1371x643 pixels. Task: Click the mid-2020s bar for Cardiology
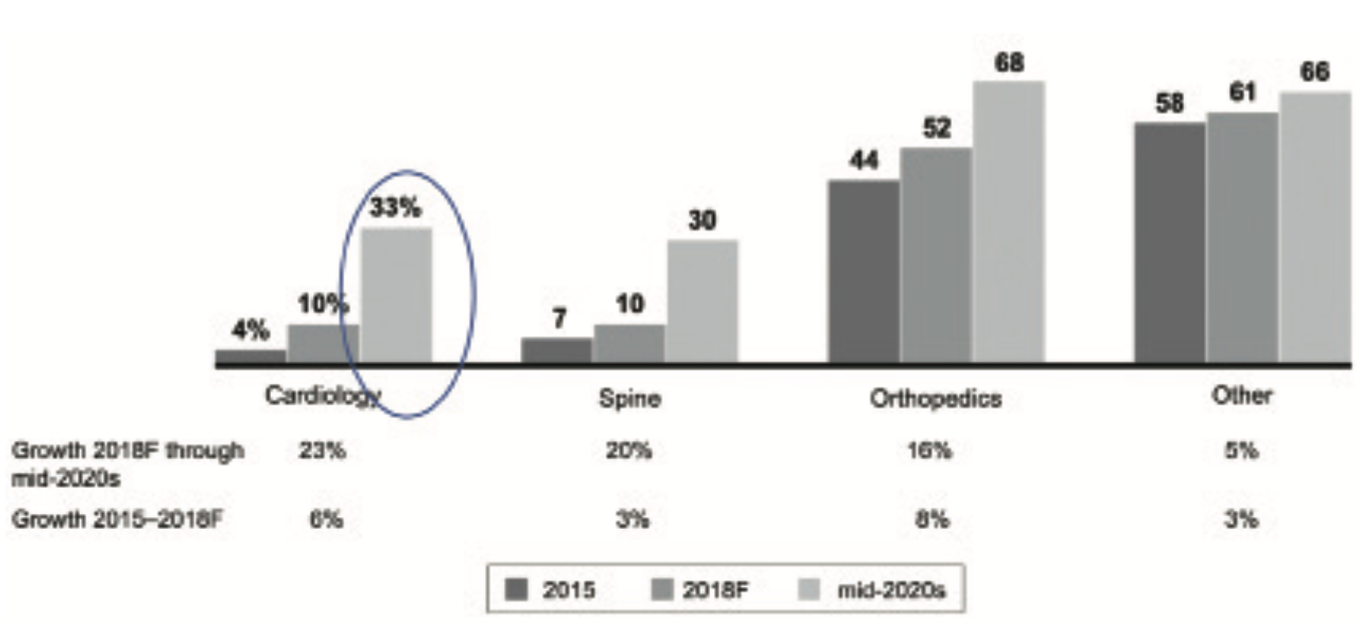397,295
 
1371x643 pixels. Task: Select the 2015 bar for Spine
556,350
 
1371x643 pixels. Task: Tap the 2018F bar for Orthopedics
936,254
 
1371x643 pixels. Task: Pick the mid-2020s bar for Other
1315,226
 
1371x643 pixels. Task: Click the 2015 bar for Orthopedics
864,271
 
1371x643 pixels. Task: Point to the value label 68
1009,63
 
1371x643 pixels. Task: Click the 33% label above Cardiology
395,207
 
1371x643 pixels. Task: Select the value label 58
1170,104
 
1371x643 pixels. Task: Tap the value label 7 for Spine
559,318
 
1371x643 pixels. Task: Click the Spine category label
630,398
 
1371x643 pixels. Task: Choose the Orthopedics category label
936,398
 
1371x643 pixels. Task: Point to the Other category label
1242,395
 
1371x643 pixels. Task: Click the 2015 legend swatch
517,590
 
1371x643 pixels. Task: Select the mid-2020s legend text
892,590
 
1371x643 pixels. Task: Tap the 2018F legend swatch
662,590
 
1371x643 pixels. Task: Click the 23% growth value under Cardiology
323,451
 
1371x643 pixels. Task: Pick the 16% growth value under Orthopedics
930,451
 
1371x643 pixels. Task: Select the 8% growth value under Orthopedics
932,519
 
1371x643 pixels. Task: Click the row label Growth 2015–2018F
117,519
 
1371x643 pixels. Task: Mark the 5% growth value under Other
1241,451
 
